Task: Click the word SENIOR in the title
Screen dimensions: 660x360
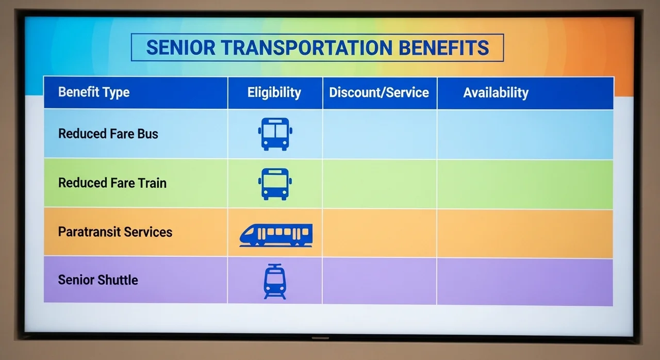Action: (180, 48)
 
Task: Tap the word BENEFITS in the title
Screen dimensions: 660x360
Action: (444, 48)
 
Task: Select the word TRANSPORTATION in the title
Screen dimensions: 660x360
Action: (307, 48)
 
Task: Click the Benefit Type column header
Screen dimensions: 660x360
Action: (94, 92)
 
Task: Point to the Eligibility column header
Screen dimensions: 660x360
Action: (274, 92)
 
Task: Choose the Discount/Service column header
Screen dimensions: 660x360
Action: (379, 92)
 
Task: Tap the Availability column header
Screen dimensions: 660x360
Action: (496, 93)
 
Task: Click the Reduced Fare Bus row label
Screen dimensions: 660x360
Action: (108, 134)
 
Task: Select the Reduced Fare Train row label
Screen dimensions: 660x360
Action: (112, 183)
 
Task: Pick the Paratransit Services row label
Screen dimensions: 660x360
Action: (115, 232)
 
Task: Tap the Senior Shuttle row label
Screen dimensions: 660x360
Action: (98, 280)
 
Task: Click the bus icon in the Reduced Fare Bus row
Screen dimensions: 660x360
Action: (275, 134)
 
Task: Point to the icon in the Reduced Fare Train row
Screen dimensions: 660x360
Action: (275, 184)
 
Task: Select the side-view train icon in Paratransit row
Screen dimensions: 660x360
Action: (276, 235)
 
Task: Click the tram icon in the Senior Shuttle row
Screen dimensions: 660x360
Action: (275, 282)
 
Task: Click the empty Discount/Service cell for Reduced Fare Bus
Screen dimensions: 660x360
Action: (380, 134)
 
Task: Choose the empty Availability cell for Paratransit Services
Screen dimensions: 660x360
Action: (525, 233)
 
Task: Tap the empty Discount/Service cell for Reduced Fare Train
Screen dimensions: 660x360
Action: (380, 184)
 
